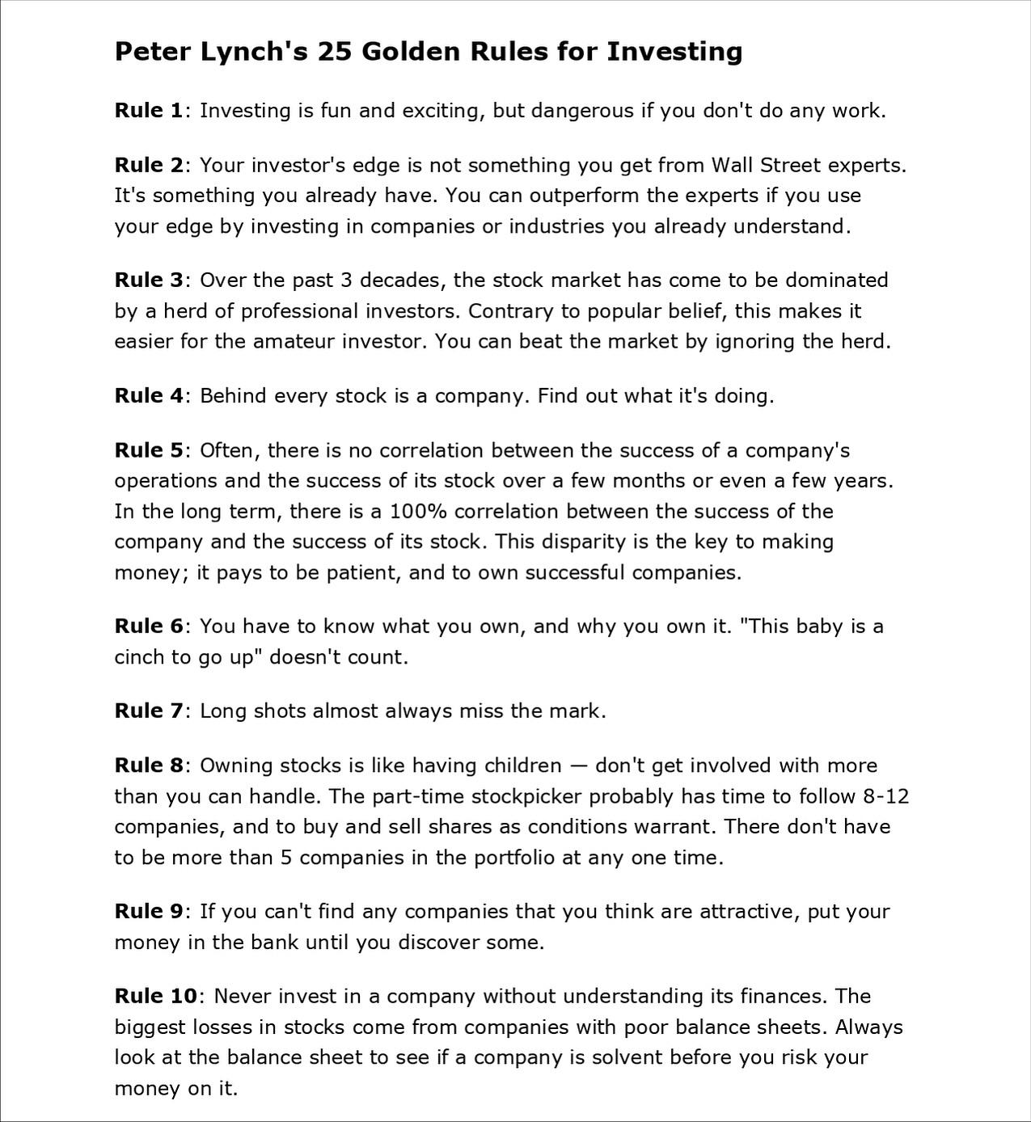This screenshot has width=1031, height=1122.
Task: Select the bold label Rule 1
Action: click(149, 111)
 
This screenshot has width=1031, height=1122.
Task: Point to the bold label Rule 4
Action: click(149, 396)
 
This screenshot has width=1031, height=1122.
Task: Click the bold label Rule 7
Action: click(149, 711)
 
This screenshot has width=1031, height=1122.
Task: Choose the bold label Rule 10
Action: click(155, 997)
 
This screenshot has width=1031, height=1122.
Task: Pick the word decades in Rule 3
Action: click(401, 280)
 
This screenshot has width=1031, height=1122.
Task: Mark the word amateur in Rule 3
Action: click(294, 342)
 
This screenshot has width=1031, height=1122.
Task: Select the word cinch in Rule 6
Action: click(139, 657)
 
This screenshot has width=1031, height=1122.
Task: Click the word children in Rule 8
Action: click(522, 766)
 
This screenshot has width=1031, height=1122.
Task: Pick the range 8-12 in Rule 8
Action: click(886, 797)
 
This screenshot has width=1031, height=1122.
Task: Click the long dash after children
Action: click(578, 766)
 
